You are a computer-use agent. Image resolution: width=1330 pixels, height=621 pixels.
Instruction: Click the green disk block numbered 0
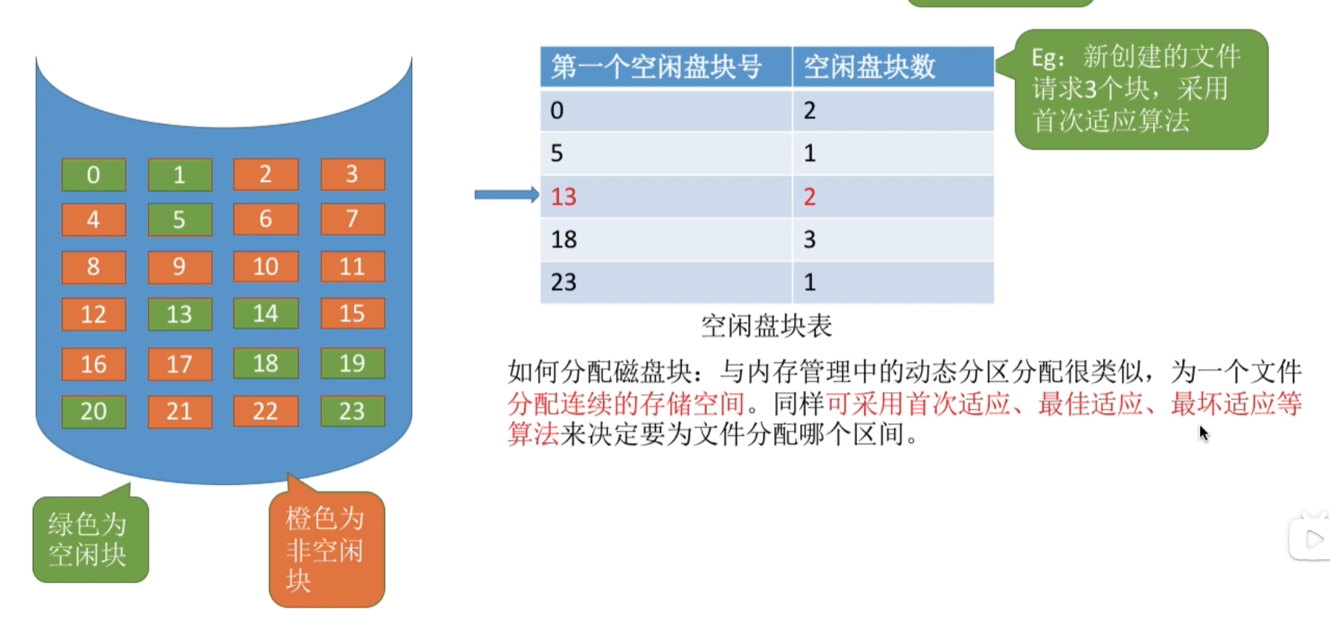(x=94, y=175)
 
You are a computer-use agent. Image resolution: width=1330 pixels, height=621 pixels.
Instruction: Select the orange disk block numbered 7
(x=352, y=219)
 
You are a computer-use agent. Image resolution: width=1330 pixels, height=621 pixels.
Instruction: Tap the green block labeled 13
(x=180, y=314)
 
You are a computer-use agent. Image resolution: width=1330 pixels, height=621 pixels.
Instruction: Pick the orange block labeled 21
(x=180, y=411)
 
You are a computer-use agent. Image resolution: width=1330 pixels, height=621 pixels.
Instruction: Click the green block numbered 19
(x=352, y=364)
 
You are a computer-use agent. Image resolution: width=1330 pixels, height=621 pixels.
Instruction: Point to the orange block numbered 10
(x=266, y=266)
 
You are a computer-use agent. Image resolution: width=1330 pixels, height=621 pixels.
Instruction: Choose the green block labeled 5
(x=180, y=219)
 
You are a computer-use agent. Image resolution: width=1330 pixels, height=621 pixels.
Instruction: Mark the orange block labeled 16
(x=94, y=364)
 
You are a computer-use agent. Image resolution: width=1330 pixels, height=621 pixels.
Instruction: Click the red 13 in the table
(x=564, y=196)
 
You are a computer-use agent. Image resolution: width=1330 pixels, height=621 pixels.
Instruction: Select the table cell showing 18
(x=666, y=239)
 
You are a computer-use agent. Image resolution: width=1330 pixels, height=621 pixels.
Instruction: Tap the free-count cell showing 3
(x=894, y=239)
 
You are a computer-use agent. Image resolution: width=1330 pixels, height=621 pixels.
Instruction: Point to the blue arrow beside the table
(x=507, y=195)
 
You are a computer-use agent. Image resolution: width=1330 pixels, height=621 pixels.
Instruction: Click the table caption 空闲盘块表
(x=766, y=326)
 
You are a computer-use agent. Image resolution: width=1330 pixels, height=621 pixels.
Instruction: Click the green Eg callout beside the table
(x=1140, y=89)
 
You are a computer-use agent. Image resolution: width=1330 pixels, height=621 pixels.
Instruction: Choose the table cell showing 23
(x=666, y=282)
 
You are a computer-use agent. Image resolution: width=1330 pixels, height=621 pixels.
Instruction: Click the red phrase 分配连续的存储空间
(x=626, y=404)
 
